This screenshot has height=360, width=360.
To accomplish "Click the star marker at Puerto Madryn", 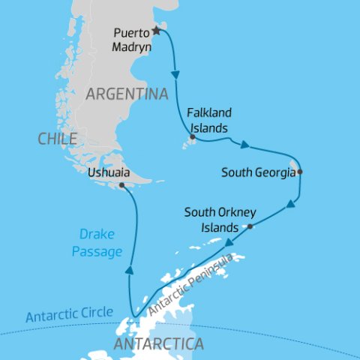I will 157,31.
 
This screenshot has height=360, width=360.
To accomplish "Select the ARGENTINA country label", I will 126,94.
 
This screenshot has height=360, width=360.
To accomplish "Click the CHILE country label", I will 56,139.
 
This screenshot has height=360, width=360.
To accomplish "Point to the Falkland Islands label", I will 208,119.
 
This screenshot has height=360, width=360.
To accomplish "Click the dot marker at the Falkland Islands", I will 193,137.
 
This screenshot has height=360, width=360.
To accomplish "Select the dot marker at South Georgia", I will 299,172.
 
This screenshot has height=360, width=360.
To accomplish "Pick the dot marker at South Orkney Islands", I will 250,226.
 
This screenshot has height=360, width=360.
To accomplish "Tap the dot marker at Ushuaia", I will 121,184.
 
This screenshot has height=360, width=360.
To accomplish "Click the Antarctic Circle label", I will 69,313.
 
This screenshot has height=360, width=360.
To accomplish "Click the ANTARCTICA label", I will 157,344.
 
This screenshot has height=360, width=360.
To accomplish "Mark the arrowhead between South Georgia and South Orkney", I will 290,204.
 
